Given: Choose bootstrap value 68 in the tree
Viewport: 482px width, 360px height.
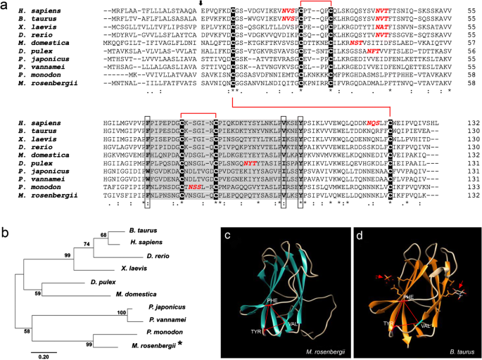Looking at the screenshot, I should point(105,234).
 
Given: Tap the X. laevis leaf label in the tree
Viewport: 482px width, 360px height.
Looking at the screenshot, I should point(135,269).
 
